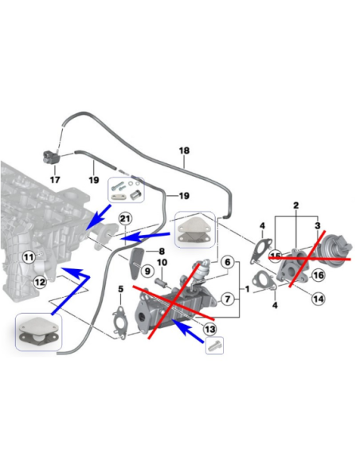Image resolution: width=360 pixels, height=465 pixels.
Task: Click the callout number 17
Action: [55, 180]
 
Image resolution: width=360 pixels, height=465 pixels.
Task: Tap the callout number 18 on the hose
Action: [185, 150]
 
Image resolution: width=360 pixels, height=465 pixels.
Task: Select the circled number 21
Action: [124, 219]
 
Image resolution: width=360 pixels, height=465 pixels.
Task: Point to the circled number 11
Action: [29, 257]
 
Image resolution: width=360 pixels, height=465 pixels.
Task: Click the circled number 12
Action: [39, 280]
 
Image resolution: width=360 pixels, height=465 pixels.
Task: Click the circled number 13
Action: [209, 329]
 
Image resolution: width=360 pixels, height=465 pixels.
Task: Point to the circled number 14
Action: [318, 299]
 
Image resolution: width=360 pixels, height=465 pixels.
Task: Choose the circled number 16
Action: [318, 275]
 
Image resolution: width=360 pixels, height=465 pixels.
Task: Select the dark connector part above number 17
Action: [50, 156]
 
